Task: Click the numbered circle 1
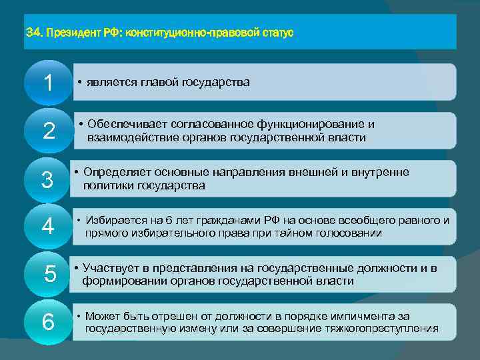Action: coord(48,83)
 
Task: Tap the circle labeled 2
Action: coord(48,131)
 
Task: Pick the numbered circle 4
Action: coord(48,226)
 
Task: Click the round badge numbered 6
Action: coord(48,322)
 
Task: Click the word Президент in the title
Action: coord(73,32)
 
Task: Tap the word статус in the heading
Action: coord(277,32)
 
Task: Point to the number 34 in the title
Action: coord(32,32)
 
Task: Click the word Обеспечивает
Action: coord(125,125)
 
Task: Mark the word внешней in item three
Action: coord(315,173)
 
